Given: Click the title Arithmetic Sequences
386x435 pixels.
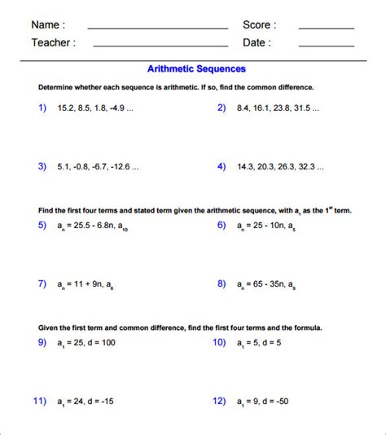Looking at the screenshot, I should click(x=196, y=69).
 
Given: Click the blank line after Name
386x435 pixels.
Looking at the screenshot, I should click(x=157, y=28).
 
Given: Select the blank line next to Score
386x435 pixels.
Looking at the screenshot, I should click(x=326, y=28).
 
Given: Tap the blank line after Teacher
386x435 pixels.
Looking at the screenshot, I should click(x=160, y=46).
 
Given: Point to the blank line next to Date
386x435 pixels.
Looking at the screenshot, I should click(x=326, y=46).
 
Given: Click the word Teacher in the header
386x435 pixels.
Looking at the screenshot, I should click(x=53, y=42).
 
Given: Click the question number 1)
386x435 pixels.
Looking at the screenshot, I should click(x=42, y=108).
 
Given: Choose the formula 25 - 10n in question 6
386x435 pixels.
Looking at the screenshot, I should click(x=267, y=226).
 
